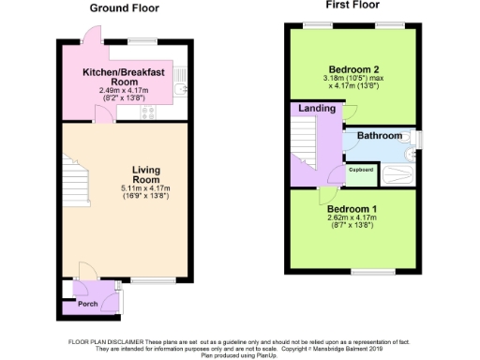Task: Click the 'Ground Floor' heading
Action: click(124, 8)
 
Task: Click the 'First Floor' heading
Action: click(352, 6)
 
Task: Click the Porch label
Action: click(87, 304)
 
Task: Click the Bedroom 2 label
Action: click(352, 67)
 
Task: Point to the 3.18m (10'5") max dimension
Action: click(352, 78)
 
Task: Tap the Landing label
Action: click(315, 110)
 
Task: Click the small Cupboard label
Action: click(362, 169)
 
